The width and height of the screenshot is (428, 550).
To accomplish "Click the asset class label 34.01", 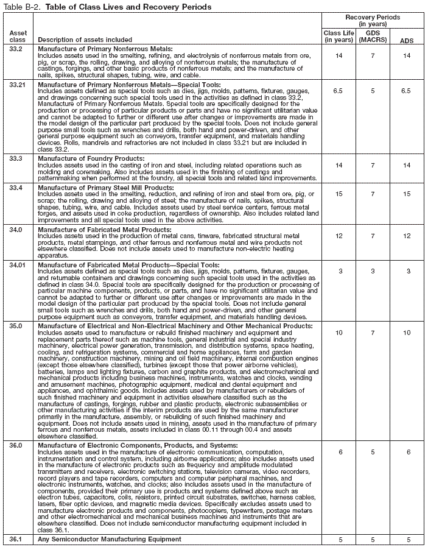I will point(18,266).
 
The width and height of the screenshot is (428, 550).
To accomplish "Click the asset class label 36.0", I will point(16,445).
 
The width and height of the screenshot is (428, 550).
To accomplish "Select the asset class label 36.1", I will point(16,540).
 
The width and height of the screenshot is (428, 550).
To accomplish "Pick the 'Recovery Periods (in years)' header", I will point(373,21).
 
